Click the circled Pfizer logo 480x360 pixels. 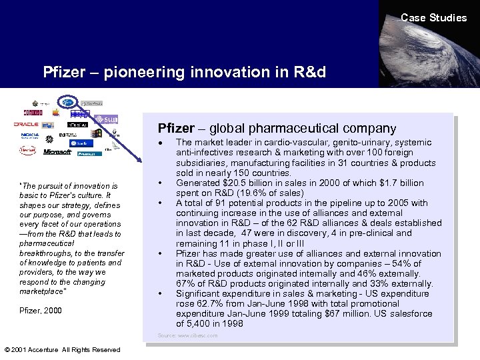tap(67, 103)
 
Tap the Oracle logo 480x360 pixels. tap(27, 124)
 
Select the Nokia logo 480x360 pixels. tap(29, 135)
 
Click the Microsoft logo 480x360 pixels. tap(57, 152)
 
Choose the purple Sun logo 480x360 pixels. tap(102, 119)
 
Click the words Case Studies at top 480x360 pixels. tap(433, 18)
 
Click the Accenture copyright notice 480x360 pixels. tap(62, 349)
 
